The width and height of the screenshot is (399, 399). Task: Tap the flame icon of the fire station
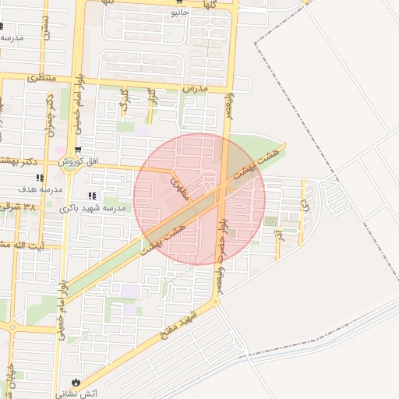click(76, 382)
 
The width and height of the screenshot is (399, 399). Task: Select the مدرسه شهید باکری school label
click(89, 208)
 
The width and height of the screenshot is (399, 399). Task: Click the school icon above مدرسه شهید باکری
click(92, 196)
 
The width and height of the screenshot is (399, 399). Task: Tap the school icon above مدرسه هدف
click(40, 178)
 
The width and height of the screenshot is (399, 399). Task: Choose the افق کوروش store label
click(76, 161)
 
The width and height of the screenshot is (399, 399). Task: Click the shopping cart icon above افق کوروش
click(77, 150)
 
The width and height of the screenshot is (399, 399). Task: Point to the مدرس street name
click(196, 90)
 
